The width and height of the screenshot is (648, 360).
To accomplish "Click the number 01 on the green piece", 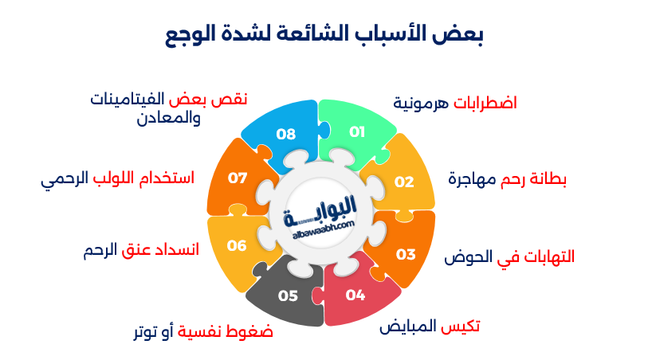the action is [x=357, y=132].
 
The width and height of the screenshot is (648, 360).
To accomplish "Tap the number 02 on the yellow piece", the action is [x=404, y=182].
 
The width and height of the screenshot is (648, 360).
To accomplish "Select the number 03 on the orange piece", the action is [x=406, y=254].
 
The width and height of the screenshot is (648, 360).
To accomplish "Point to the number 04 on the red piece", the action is [x=355, y=295].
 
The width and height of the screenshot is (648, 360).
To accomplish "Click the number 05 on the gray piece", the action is [x=288, y=295].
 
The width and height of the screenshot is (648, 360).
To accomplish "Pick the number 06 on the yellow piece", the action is [x=237, y=246].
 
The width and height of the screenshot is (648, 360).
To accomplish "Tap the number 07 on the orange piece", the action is [x=238, y=178].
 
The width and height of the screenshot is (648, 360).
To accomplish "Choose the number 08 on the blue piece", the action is [x=286, y=134].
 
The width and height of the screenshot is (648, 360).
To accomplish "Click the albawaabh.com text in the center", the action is [x=324, y=229].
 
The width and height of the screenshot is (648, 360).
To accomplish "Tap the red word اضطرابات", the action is [x=485, y=103].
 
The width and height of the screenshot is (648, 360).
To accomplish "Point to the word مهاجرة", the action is [x=472, y=179].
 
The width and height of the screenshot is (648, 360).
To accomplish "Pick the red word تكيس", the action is [x=460, y=327].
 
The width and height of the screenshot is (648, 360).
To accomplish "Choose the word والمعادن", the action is [x=169, y=118].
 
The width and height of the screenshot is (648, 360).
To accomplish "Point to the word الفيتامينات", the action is [x=128, y=99].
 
